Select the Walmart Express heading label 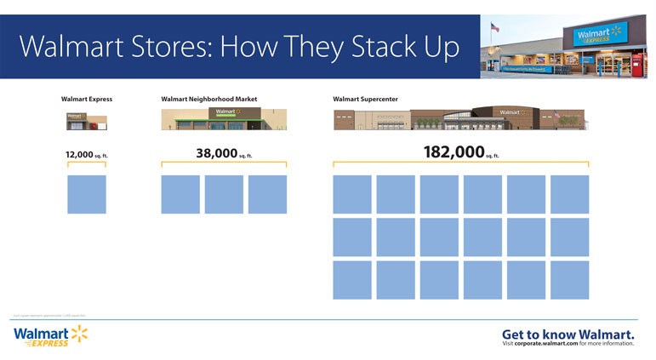point(87,99)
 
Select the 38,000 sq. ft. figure point(223,154)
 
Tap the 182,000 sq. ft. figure point(459,152)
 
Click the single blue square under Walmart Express point(87,194)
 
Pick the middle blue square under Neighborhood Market point(224,194)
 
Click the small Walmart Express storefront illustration point(87,121)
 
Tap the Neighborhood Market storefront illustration point(224,118)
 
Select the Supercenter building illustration point(459,118)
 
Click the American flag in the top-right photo point(495,27)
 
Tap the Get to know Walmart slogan point(568,333)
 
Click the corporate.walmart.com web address point(552,344)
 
